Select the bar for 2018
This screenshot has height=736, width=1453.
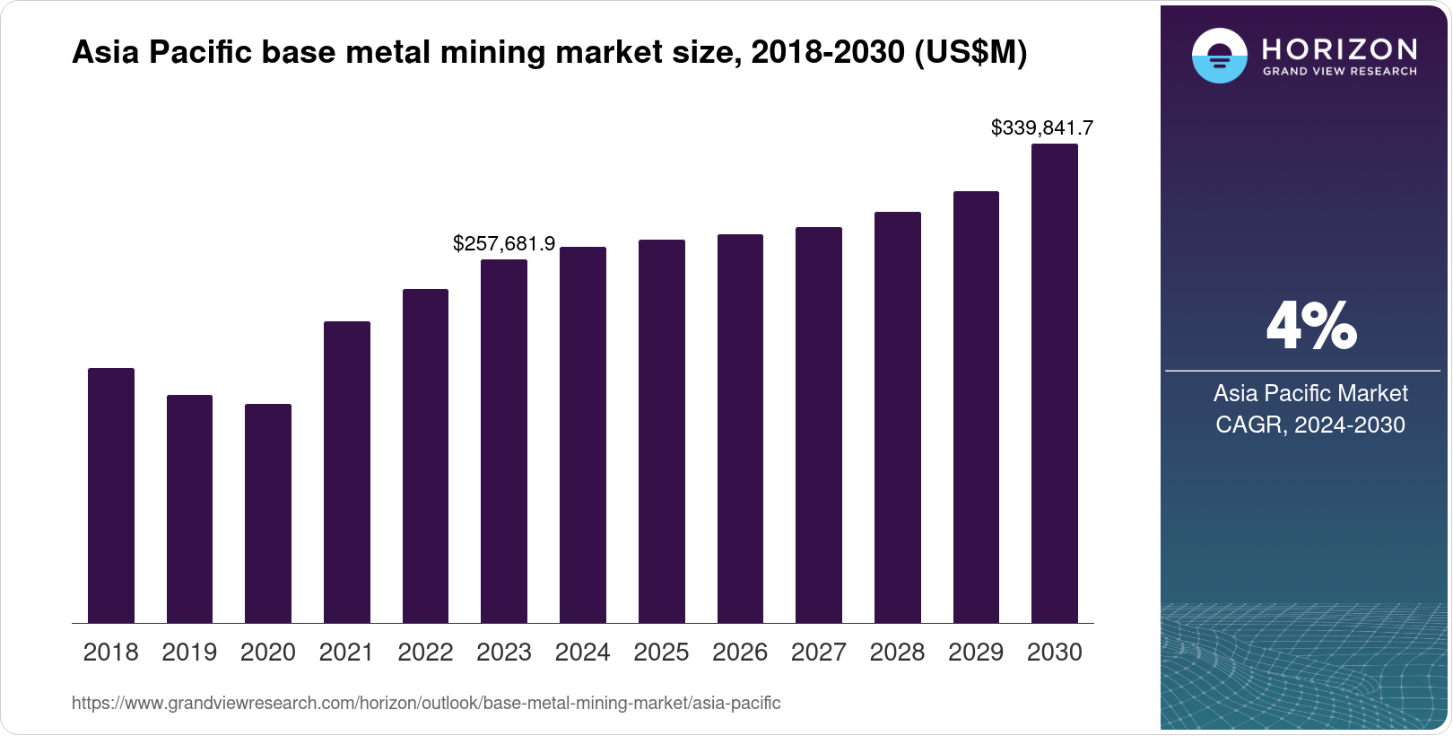[x=111, y=495]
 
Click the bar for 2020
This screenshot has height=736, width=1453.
[x=268, y=513]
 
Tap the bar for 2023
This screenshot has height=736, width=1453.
[x=504, y=441]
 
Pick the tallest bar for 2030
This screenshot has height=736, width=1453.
[x=1055, y=383]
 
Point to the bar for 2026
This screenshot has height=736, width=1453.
[x=740, y=428]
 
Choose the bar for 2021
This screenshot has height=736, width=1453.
[x=347, y=472]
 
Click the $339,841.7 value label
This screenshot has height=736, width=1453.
[x=1041, y=128]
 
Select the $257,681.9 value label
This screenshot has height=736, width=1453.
[x=504, y=244]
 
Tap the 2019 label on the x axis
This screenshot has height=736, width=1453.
[x=189, y=653]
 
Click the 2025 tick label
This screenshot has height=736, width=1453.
[x=661, y=653]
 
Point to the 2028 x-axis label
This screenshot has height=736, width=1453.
[x=897, y=653]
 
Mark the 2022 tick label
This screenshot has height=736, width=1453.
[x=425, y=653]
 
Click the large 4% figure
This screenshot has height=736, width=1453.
[x=1310, y=327]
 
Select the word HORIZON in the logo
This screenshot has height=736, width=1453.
[x=1339, y=48]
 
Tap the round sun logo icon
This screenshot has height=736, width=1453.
[x=1219, y=56]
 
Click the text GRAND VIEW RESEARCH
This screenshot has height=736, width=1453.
[x=1339, y=71]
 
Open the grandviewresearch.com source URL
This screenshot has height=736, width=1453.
[x=426, y=704]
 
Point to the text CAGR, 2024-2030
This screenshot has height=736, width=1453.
[x=1309, y=425]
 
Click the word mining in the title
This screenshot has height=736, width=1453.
[x=495, y=53]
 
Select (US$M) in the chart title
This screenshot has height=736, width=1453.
[x=970, y=53]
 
